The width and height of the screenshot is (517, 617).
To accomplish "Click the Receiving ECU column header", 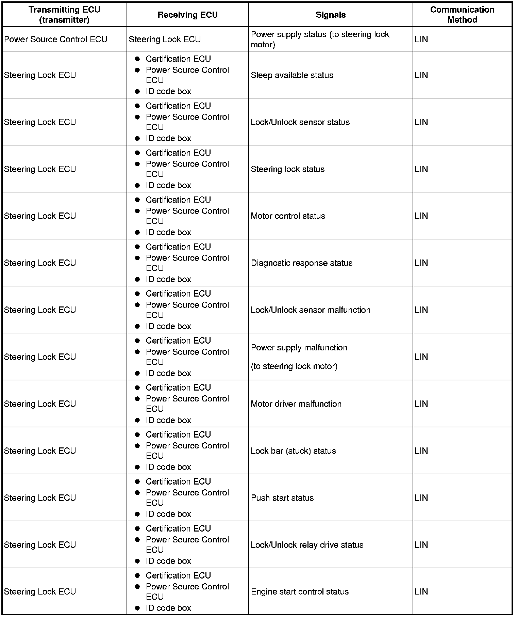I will (187, 15).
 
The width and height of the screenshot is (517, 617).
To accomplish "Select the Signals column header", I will (330, 15).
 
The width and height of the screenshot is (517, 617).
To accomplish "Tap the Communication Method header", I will (462, 15).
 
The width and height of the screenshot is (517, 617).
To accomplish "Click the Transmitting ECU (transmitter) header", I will (64, 15).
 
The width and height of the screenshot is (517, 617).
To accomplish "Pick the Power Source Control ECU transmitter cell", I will (55, 39).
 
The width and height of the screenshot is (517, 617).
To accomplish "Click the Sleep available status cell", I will (292, 75).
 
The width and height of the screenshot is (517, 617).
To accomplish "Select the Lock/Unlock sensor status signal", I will (300, 122).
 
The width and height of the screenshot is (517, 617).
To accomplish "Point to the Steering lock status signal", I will (287, 169).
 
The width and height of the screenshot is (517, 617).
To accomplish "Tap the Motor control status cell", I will (288, 216).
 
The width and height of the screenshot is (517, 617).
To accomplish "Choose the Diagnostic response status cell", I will (302, 263).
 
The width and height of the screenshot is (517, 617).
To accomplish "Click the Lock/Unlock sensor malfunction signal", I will (310, 310).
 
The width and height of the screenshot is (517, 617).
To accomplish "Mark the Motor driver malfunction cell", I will (296, 404).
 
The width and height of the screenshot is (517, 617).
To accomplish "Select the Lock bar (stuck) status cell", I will (293, 451).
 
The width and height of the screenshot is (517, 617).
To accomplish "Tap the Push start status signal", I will (282, 498).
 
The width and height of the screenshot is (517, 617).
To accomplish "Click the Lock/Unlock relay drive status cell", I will (307, 545).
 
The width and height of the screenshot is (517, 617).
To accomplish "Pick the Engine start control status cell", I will (300, 592).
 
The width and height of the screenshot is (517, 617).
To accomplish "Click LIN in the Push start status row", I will (421, 498).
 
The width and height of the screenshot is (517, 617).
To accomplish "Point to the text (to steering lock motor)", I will (294, 366).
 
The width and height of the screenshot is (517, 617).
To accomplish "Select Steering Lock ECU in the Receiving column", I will (165, 39).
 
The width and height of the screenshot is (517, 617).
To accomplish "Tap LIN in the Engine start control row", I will (421, 592).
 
